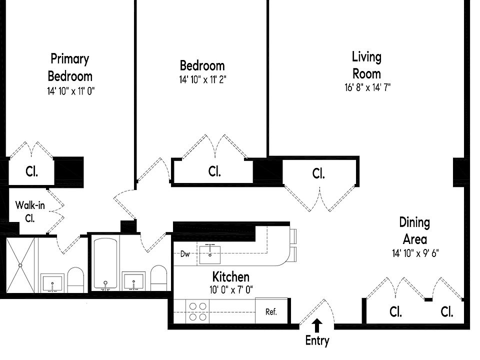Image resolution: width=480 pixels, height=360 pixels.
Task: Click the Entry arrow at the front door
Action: (x=317, y=325)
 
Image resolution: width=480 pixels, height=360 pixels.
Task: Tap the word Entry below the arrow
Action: (x=317, y=340)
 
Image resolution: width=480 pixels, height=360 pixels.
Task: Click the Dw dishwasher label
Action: (x=185, y=254)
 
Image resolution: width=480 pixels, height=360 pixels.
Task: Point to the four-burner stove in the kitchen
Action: (x=197, y=311)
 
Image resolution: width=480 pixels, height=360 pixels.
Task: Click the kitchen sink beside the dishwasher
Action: (x=209, y=254)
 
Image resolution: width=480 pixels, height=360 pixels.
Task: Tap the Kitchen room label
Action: (x=231, y=276)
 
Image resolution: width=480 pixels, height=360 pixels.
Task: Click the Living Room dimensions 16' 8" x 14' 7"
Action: (x=367, y=87)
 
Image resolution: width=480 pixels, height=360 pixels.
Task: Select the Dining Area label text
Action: (x=415, y=231)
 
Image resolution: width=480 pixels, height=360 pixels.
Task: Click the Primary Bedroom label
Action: (x=70, y=67)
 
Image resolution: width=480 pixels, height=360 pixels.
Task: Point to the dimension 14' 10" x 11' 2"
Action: (x=202, y=79)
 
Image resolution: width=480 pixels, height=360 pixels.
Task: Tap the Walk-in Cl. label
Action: (x=30, y=211)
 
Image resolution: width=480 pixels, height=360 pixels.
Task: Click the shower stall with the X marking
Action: (x=20, y=265)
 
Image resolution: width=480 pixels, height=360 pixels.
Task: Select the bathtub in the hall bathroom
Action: (x=105, y=264)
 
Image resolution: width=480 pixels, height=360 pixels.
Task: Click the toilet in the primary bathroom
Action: (x=75, y=280)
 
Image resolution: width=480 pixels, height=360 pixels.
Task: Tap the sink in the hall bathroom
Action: (x=134, y=281)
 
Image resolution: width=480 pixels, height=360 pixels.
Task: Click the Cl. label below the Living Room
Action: (x=318, y=173)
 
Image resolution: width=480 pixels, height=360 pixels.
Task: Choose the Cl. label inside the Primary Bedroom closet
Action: (x=32, y=171)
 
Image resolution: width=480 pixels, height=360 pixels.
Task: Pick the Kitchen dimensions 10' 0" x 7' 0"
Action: (x=231, y=289)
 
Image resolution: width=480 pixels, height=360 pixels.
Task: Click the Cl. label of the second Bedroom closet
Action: (x=214, y=171)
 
